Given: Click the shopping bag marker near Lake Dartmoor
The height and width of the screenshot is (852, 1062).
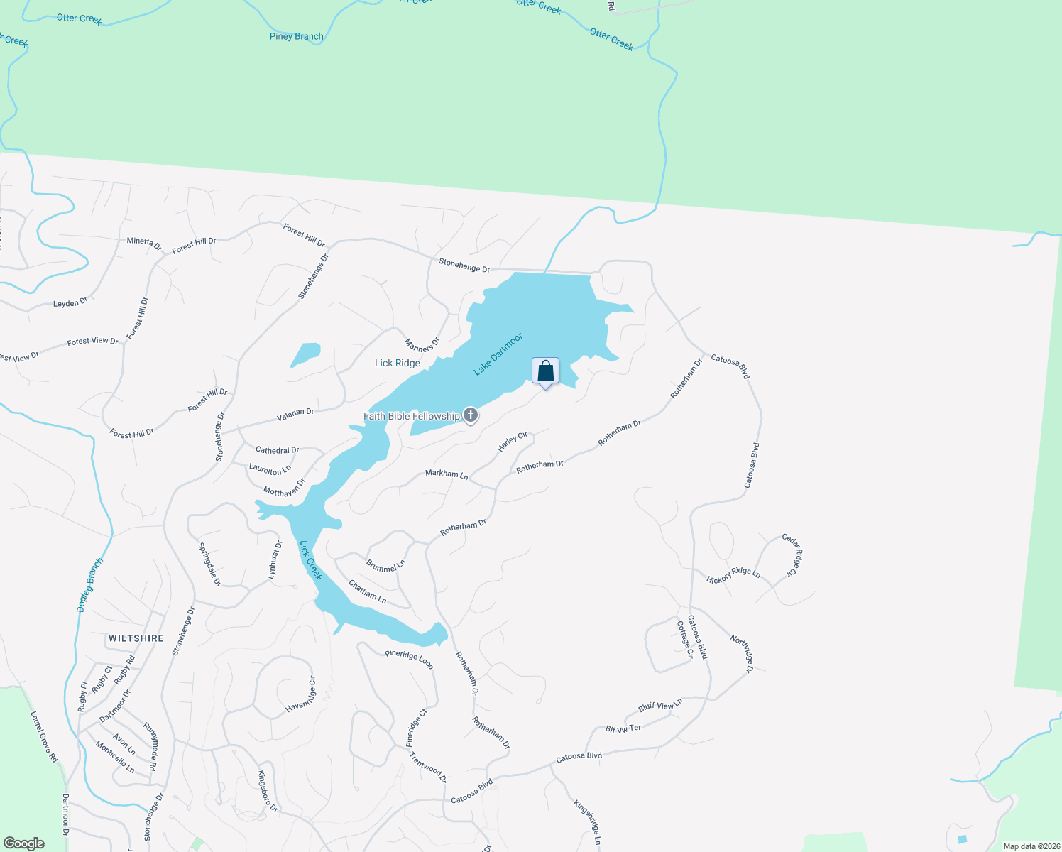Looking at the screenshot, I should pyautogui.click(x=545, y=371).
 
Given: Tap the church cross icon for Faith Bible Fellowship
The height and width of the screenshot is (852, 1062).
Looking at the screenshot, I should pyautogui.click(x=470, y=415).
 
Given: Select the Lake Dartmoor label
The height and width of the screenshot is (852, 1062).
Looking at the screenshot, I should pyautogui.click(x=498, y=354).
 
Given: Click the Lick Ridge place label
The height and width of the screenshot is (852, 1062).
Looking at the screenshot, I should pyautogui.click(x=398, y=363).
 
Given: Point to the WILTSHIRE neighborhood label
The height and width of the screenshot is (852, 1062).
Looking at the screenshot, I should pyautogui.click(x=136, y=638).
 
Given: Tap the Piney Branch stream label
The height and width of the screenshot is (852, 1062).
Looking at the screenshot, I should pyautogui.click(x=297, y=36).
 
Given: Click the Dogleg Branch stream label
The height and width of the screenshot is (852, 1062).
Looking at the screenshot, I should pyautogui.click(x=90, y=585).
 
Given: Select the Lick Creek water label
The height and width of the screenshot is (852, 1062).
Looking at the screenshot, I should pyautogui.click(x=311, y=560).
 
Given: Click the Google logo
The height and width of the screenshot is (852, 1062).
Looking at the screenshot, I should pyautogui.click(x=23, y=843).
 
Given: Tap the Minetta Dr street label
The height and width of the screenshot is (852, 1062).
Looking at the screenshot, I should pyautogui.click(x=144, y=242).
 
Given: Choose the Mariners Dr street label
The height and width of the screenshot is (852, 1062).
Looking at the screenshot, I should pyautogui.click(x=422, y=345).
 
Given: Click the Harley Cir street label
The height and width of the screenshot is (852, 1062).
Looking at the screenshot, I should pyautogui.click(x=513, y=442).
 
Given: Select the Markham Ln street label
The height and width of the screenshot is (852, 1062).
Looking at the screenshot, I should pyautogui.click(x=447, y=474).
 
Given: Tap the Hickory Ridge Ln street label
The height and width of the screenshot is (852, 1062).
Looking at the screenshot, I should pyautogui.click(x=733, y=575).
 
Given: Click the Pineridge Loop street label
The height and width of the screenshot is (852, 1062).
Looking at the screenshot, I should pyautogui.click(x=409, y=659).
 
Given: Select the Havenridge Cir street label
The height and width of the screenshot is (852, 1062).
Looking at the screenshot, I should pyautogui.click(x=301, y=695).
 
